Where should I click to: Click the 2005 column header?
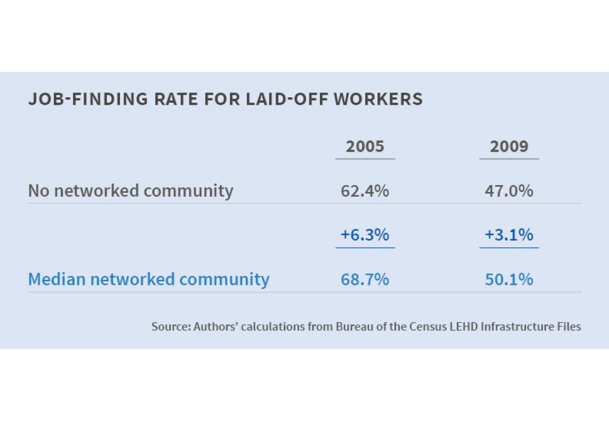pyautogui.click(x=365, y=147)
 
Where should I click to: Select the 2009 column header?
pyautogui.click(x=509, y=147)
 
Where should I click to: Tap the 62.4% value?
pyautogui.click(x=365, y=190)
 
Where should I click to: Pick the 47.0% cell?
pyautogui.click(x=509, y=190)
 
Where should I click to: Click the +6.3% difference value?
pyautogui.click(x=365, y=234)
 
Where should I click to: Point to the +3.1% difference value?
pyautogui.click(x=509, y=234)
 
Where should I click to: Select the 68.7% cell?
pyautogui.click(x=365, y=279)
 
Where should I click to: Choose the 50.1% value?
pyautogui.click(x=509, y=279)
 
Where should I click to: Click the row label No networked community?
pyautogui.click(x=131, y=190)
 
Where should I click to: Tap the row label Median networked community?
pyautogui.click(x=149, y=279)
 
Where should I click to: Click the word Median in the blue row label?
pyautogui.click(x=57, y=279)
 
